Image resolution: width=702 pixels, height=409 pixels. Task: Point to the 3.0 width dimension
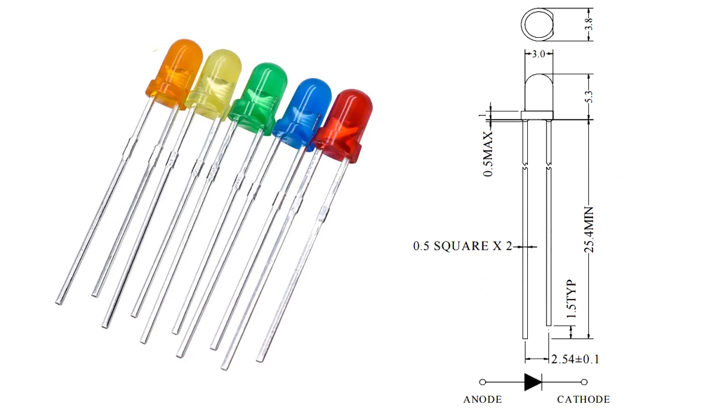tap(538, 53)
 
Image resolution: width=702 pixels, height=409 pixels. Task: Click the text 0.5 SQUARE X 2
tap(463, 246)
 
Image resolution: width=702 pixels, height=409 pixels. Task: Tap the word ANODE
tap(483, 399)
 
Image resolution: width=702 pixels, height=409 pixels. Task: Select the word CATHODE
tap(583, 399)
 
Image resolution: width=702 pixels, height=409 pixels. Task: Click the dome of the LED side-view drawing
tap(538, 88)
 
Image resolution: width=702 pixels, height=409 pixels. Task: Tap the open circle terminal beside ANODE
tap(482, 382)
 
